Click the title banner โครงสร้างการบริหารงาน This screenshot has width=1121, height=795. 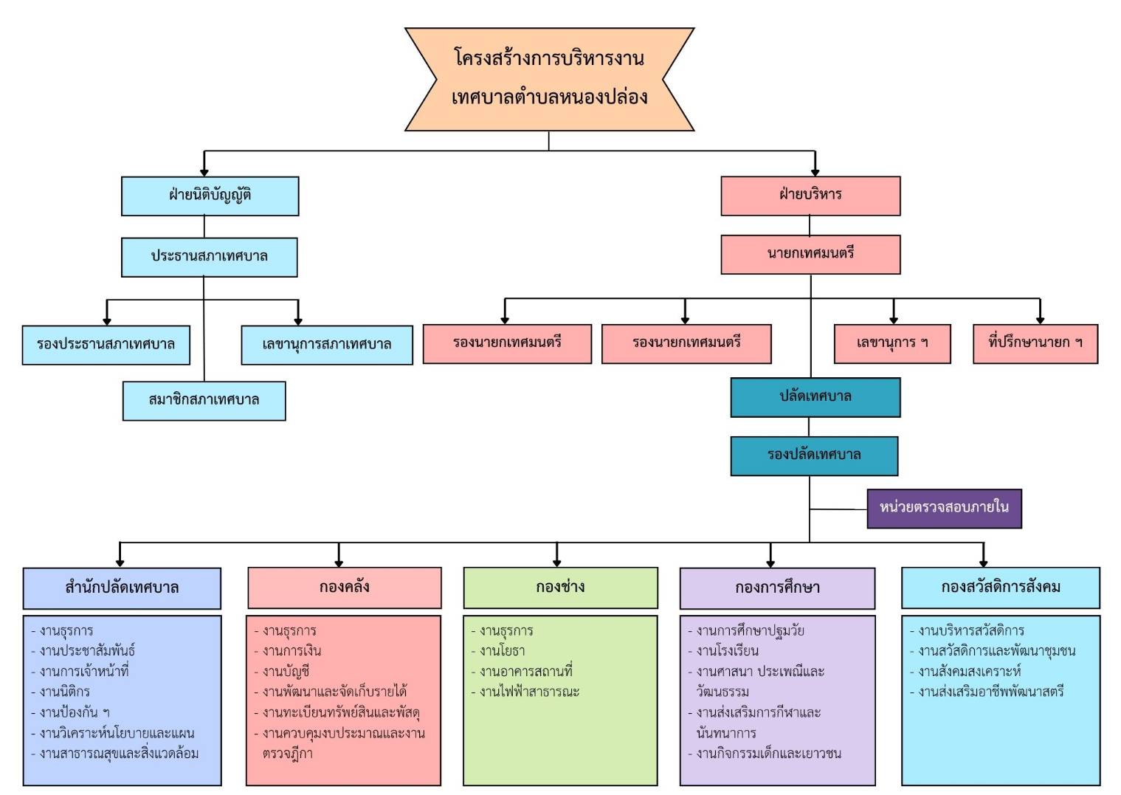coord(549,79)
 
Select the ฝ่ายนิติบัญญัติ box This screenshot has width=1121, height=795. coord(210,196)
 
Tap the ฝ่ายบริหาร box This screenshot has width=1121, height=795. coord(810,196)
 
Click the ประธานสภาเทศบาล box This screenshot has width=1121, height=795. coord(209,257)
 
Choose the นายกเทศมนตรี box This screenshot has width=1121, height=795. coord(810,255)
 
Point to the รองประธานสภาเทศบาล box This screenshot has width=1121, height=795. coord(106,345)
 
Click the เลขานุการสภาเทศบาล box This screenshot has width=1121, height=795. coord(327,345)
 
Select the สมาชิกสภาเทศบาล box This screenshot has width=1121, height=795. coord(204,401)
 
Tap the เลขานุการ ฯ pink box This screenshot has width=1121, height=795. coord(892,343)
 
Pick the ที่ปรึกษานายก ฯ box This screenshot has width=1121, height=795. coord(1035,343)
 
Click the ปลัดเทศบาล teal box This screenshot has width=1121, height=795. coord(815,397)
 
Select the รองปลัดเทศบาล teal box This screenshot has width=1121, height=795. coord(814,455)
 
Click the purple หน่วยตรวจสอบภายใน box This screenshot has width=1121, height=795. coord(945,508)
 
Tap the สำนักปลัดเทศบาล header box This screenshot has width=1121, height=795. coord(122,588)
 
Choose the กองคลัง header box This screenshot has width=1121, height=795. coord(345,588)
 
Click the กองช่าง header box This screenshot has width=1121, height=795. coord(561,588)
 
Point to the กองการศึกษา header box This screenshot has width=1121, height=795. coord(777,588)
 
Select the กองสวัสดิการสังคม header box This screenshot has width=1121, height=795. coord(1001,588)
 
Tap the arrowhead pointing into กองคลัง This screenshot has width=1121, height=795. coord(339,562)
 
